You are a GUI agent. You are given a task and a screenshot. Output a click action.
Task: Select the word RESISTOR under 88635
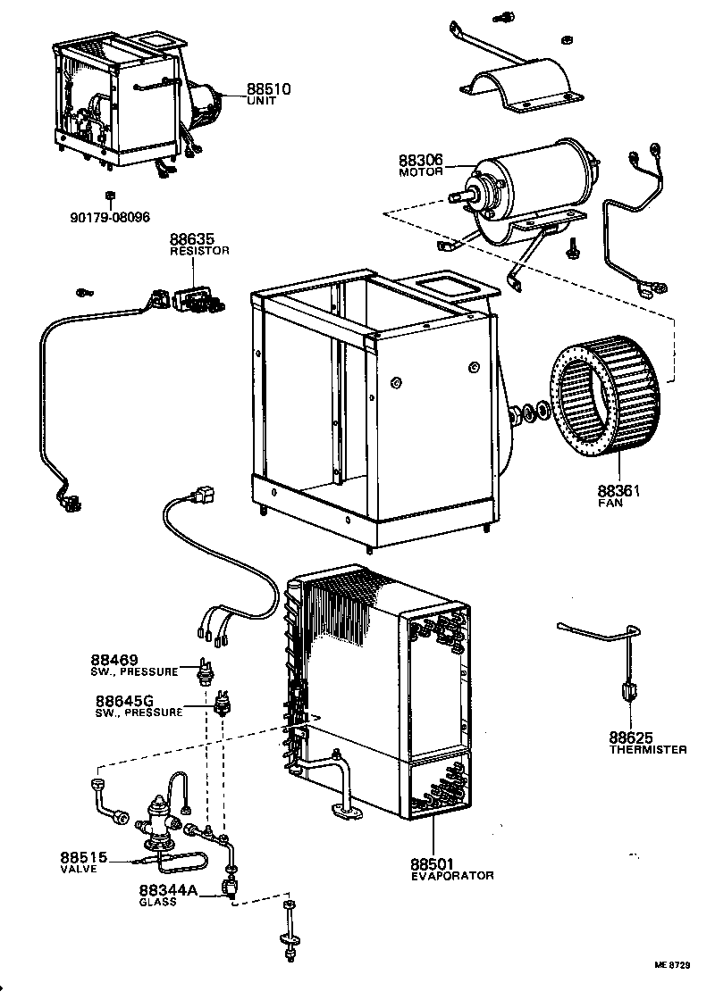(x=199, y=252)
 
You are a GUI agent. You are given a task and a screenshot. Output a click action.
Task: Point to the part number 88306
(x=421, y=161)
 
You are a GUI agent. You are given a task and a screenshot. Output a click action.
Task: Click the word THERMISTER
(x=648, y=749)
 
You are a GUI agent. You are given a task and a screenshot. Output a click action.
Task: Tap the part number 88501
(x=433, y=863)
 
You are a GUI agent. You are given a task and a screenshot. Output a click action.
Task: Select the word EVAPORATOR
(x=451, y=876)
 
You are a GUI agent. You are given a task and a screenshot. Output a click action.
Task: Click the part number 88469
(x=114, y=660)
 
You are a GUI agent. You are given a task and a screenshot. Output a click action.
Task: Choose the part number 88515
(x=84, y=858)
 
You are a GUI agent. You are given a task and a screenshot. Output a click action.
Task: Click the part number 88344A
(x=166, y=890)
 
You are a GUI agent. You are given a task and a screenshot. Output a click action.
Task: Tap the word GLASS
(x=157, y=902)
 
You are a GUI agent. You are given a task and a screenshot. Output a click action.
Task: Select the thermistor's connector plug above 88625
(x=629, y=691)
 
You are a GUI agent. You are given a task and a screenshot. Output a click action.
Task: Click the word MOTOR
(x=421, y=172)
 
